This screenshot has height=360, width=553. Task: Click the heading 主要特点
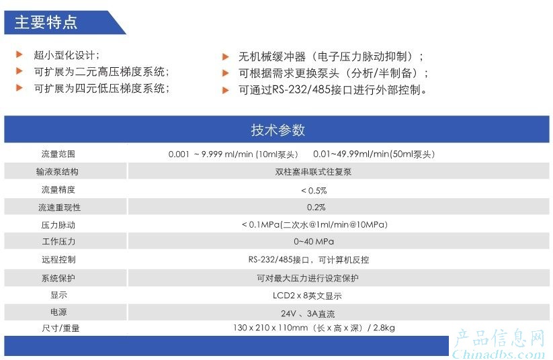tap(46, 22)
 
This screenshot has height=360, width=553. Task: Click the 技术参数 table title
tap(278, 130)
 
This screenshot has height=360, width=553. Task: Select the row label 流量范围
tap(58, 154)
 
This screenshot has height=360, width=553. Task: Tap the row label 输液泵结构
tap(57, 172)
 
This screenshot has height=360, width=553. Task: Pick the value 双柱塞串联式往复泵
tap(313, 172)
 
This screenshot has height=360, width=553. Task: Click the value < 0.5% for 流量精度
tap(314, 190)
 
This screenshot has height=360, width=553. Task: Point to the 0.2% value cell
tap(316, 208)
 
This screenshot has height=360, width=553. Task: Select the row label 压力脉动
tap(58, 225)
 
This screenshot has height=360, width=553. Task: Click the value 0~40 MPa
tap(314, 242)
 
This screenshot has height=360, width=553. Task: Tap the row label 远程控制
tap(58, 259)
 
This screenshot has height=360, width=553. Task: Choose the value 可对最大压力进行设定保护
tap(308, 278)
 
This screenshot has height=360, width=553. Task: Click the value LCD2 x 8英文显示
tap(307, 296)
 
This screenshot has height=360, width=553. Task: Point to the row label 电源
tap(58, 312)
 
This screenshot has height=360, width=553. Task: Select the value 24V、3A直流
tap(308, 314)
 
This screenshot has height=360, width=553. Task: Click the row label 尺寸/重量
tap(60, 328)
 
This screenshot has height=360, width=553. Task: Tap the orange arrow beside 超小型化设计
tap(19, 54)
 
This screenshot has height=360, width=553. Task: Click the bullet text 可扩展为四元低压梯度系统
tap(101, 88)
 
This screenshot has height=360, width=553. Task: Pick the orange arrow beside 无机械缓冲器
tap(225, 57)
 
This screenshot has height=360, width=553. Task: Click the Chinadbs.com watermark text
tap(499, 354)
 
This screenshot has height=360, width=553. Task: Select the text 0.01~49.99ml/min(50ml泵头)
tap(374, 154)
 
